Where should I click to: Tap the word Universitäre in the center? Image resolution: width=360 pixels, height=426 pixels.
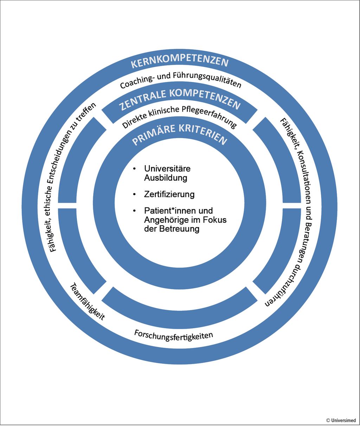tap(167, 169)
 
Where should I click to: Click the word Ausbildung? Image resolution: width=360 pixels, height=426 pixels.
tap(165, 178)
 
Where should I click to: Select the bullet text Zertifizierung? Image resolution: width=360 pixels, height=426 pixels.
tap(169, 194)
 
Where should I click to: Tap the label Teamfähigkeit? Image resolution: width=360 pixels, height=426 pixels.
tap(88, 302)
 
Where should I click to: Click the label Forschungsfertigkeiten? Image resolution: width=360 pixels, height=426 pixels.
tap(174, 335)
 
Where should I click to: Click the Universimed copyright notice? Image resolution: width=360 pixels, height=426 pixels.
tap(341, 420)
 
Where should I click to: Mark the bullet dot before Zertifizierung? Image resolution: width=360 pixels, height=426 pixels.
tap(134, 194)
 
